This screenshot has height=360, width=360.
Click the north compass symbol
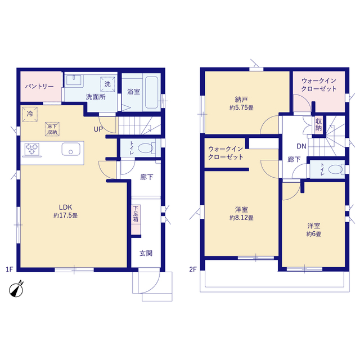(x=16, y=290)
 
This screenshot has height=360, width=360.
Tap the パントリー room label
(x=39, y=87)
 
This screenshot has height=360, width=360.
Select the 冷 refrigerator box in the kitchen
(x=30, y=114)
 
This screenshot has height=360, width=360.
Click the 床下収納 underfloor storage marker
(x=52, y=129)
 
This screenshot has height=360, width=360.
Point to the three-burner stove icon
(x=32, y=149)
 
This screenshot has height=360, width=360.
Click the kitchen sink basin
(x=71, y=149)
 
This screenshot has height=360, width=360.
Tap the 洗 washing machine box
(x=107, y=84)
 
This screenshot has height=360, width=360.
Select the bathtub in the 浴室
(x=151, y=92)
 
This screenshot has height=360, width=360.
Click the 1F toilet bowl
(x=146, y=148)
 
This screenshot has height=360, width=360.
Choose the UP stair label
(x=98, y=129)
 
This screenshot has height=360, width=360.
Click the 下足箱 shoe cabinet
(x=136, y=219)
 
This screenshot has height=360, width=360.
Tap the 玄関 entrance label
(x=146, y=254)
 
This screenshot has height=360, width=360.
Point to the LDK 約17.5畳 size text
(x=65, y=216)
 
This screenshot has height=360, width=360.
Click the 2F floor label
(x=193, y=269)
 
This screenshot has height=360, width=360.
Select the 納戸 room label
(x=241, y=100)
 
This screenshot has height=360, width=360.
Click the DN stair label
(x=301, y=146)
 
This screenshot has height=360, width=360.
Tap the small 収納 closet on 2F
(x=318, y=125)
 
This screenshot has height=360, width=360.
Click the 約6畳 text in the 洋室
(x=314, y=234)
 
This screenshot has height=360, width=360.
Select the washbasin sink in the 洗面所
(x=74, y=80)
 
